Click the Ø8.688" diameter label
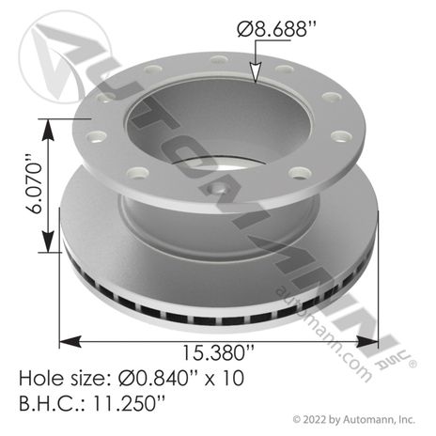coord(272,30)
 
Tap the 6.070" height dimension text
coord(33,184)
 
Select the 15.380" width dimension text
coord(218,352)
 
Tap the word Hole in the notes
coord(39,378)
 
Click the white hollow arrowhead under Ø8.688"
coord(256,72)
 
